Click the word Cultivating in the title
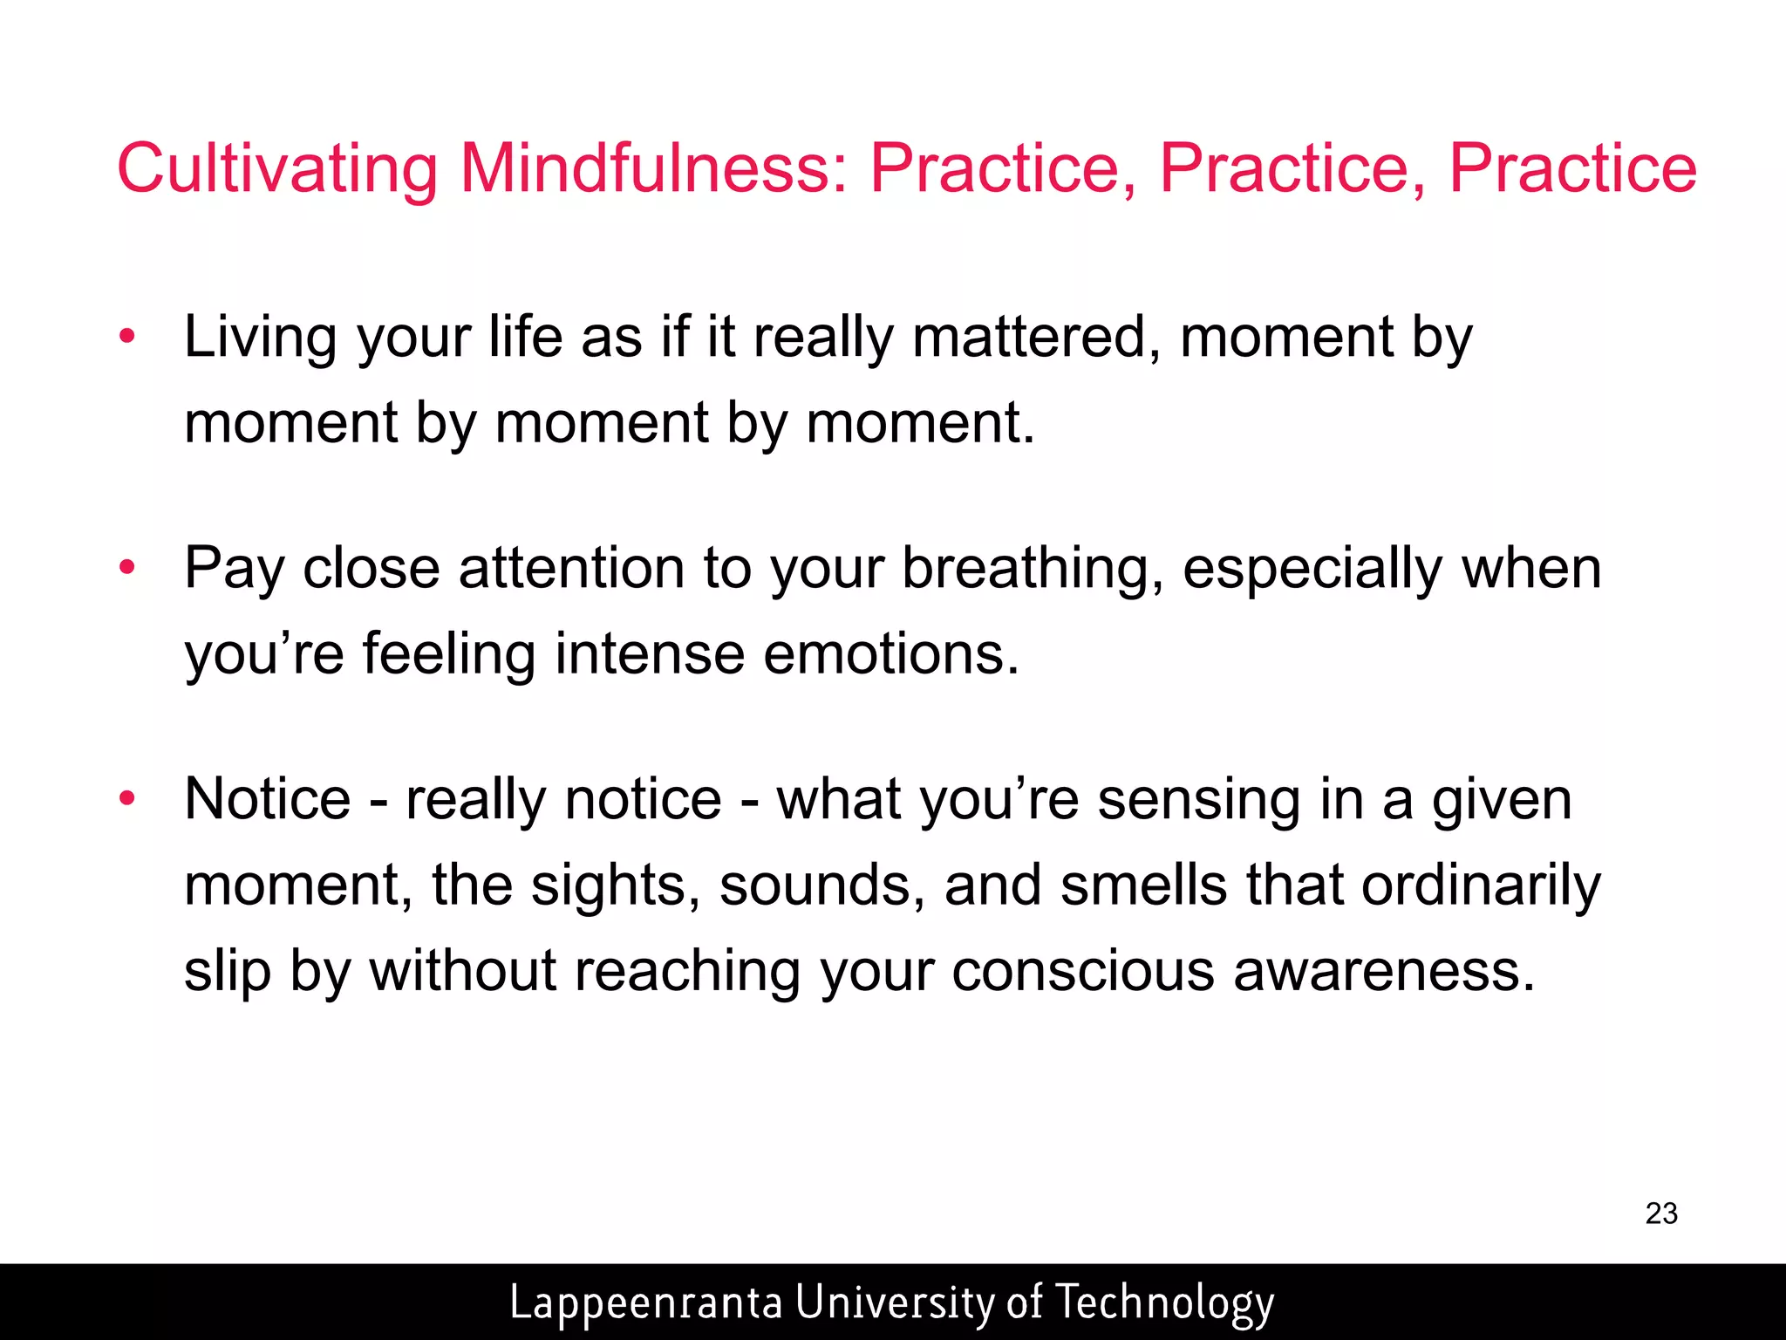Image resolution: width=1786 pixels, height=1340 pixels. [277, 167]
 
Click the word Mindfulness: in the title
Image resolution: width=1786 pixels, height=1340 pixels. [653, 167]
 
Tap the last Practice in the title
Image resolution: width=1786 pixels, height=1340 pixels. [1572, 167]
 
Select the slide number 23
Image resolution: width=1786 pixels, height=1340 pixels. [1661, 1214]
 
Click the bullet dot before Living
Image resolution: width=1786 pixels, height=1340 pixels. [127, 337]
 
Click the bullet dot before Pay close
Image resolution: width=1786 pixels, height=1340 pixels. [127, 568]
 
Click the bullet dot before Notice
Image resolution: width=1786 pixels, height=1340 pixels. [127, 798]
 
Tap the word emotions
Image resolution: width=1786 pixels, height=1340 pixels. [891, 654]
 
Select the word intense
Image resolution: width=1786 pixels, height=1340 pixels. [650, 654]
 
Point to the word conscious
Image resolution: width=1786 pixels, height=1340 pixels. [1082, 970]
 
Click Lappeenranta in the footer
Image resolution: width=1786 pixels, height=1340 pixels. [645, 1302]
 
